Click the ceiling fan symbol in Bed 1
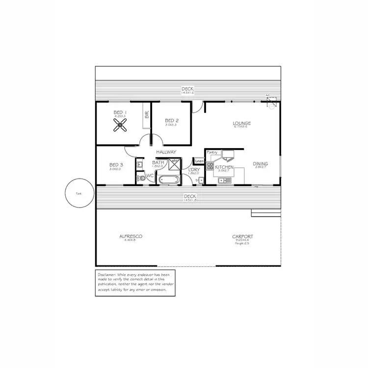tap(120, 127)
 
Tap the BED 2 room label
tap(171, 120)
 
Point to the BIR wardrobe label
tap(147, 114)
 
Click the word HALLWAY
tap(166, 152)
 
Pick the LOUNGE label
tap(241, 123)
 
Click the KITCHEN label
tap(224, 167)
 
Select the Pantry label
tap(212, 152)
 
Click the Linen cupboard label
tap(199, 161)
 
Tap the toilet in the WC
tap(142, 178)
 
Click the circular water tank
tap(79, 193)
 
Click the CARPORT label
tap(242, 237)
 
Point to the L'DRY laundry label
tap(193, 170)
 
